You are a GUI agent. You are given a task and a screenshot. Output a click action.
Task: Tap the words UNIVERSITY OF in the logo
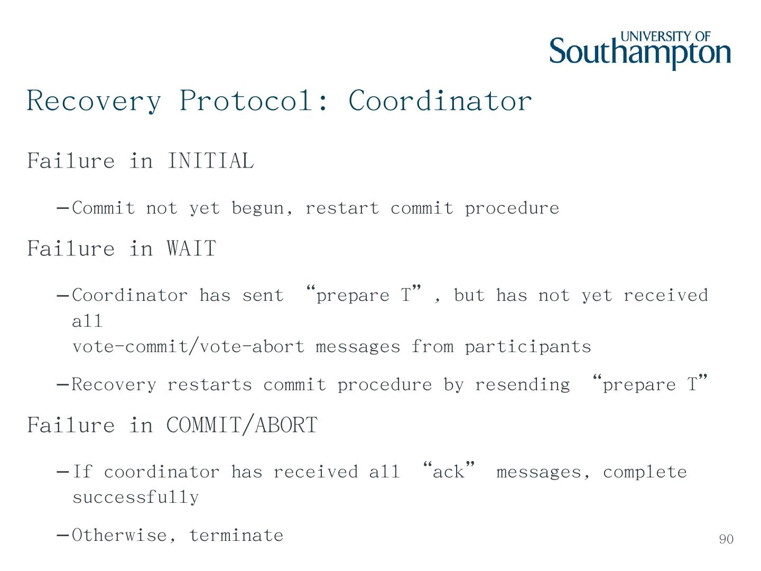tap(665, 36)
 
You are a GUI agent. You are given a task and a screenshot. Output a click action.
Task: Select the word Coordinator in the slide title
tap(440, 100)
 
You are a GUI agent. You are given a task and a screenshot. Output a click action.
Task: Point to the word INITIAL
tap(210, 161)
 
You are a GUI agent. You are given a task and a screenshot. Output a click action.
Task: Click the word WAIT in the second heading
tap(191, 248)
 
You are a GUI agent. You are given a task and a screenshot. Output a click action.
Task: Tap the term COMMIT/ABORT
tap(242, 425)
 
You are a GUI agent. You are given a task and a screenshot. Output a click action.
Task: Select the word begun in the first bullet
tap(262, 208)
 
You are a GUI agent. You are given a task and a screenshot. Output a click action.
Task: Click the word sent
tap(263, 295)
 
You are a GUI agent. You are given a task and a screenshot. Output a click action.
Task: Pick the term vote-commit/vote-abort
tap(188, 347)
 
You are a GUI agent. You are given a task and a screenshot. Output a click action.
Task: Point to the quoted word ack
tap(449, 472)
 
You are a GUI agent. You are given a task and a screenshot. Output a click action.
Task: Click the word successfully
tap(135, 497)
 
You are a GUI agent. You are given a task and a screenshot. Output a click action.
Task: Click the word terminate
tap(236, 535)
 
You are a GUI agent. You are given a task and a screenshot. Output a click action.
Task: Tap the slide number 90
tap(726, 539)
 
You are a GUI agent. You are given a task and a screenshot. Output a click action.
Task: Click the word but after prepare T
tap(469, 295)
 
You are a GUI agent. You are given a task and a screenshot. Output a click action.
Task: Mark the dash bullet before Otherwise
tap(62, 535)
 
